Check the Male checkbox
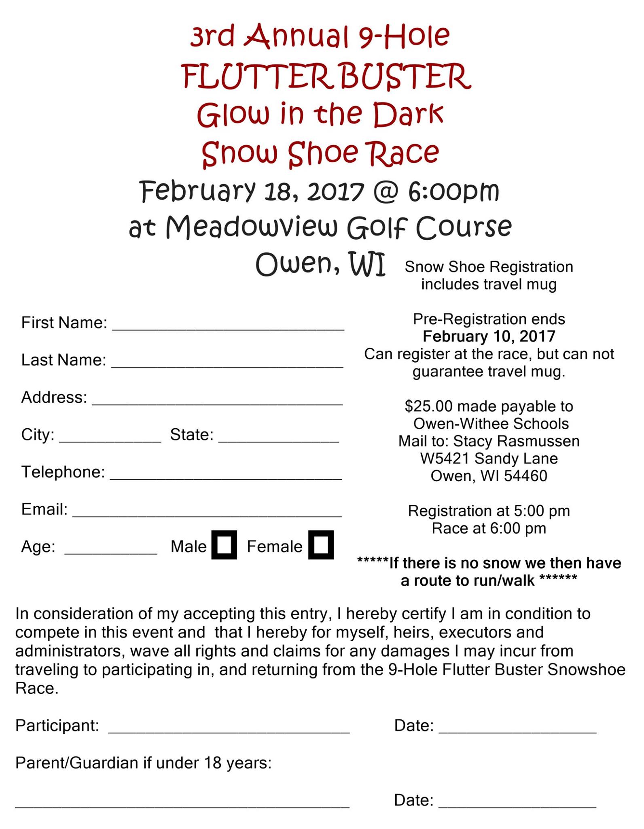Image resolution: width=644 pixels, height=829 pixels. [224, 545]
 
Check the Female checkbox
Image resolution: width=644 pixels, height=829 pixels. [321, 545]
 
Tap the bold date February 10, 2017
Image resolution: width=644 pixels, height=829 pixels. [489, 336]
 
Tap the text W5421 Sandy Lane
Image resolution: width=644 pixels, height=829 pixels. [489, 458]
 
